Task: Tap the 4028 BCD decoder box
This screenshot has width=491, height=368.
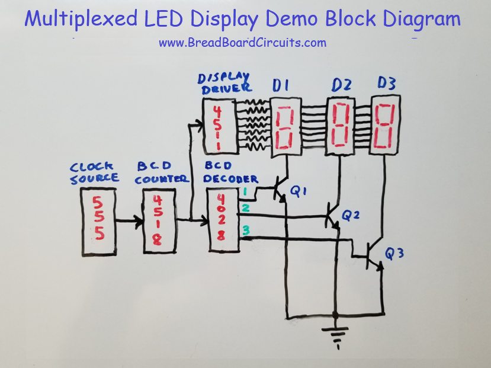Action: [221, 220]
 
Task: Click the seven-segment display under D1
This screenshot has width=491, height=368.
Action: [285, 129]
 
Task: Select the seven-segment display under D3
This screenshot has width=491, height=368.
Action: [384, 126]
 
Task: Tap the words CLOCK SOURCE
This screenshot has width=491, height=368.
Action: [95, 173]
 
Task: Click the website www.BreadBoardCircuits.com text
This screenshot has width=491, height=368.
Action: [242, 43]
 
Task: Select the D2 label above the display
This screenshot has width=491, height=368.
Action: [341, 87]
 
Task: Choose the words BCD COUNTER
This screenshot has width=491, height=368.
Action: [162, 174]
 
